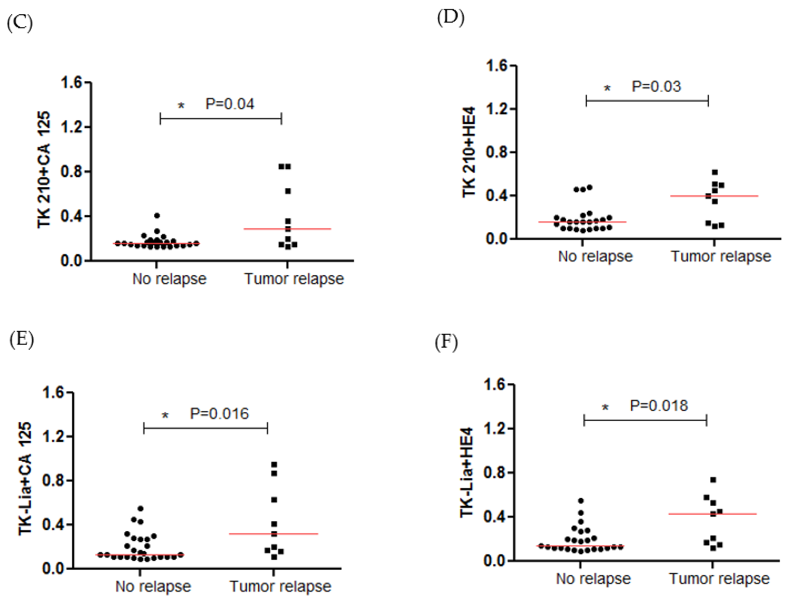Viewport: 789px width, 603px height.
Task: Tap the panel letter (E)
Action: click(22, 339)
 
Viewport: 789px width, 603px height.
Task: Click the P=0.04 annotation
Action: click(230, 104)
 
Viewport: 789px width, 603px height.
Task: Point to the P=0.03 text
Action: click(656, 87)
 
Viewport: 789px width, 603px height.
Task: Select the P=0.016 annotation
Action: click(219, 414)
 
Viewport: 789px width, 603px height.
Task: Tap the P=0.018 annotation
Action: click(659, 406)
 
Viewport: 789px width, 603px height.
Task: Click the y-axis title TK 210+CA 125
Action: click(44, 169)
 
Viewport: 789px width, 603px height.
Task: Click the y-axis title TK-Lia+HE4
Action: click(467, 472)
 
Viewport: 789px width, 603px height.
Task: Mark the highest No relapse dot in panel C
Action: click(157, 216)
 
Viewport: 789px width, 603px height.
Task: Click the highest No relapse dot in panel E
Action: click(141, 509)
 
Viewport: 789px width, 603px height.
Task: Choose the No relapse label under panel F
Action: click(593, 579)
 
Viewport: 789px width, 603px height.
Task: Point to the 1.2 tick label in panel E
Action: click(53, 436)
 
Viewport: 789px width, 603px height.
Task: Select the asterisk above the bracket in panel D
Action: click(607, 88)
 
